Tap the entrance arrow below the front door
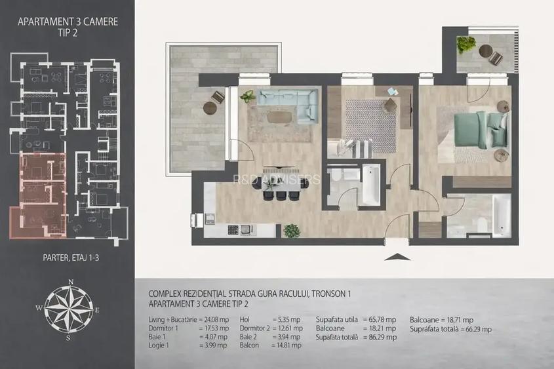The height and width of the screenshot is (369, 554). [x=397, y=256]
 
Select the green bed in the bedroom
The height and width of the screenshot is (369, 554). [x=481, y=129]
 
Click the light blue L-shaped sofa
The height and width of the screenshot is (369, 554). [x=287, y=104]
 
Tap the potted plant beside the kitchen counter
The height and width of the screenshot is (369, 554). [x=291, y=231]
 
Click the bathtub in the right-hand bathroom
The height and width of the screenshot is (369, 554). [x=501, y=215]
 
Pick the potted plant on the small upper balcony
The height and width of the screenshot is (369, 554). [x=466, y=45]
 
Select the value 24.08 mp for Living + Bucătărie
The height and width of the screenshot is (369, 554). [x=214, y=319]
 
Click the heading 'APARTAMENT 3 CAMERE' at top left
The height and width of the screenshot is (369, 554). [x=68, y=21]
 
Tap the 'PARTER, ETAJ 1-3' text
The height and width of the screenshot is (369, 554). [x=68, y=258]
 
